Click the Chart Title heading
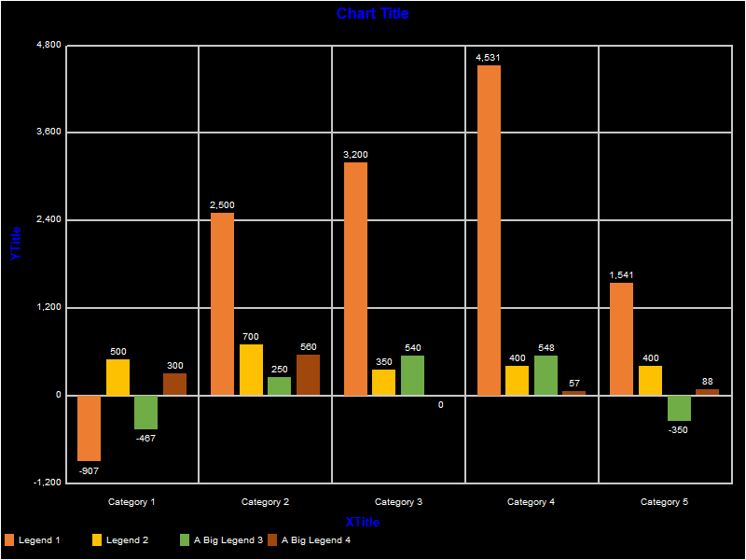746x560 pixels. pos(372,13)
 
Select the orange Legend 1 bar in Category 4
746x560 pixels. pos(489,230)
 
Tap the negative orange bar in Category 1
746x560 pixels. pos(90,427)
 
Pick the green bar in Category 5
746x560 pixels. pos(679,408)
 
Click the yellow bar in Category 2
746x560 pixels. pos(251,370)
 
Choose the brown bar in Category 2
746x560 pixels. pos(308,374)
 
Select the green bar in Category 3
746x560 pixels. pos(412,375)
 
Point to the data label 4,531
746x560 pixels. pos(489,57)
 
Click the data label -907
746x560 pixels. pos(89,470)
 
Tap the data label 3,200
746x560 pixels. pos(355,154)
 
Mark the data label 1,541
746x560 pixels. pos(621,274)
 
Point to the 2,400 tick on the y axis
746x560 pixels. pos(46,219)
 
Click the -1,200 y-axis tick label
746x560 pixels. pos(44,483)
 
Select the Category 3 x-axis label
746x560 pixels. pos(398,502)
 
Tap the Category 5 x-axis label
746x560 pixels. pos(664,502)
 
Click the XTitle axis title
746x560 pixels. pos(363,522)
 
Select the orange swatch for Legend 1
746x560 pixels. pos(10,539)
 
